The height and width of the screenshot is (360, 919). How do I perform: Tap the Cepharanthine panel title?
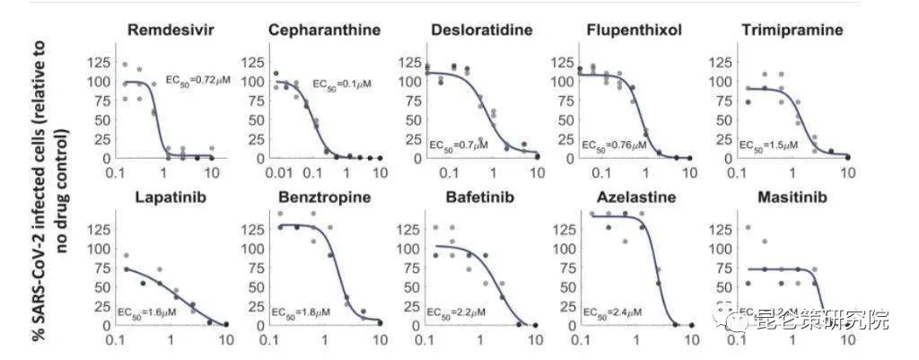324,31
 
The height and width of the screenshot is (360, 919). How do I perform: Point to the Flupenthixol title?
634,31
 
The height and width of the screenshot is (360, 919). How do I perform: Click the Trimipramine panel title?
792,31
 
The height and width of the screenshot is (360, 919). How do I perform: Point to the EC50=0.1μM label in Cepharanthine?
342,83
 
